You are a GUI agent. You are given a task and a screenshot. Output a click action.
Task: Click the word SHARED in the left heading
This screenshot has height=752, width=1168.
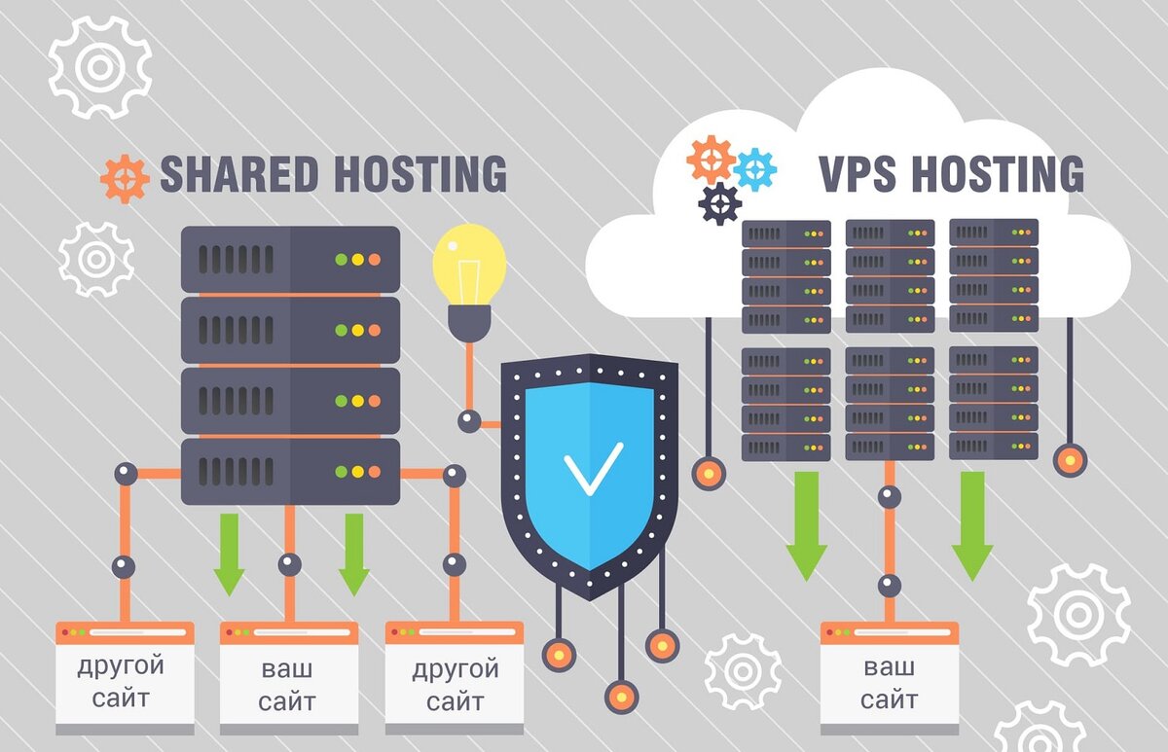coord(239,174)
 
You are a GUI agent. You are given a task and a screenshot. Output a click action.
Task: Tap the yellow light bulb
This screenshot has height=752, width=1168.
coord(469,263)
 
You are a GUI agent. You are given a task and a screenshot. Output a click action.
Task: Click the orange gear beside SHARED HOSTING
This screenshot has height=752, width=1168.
coord(125,178)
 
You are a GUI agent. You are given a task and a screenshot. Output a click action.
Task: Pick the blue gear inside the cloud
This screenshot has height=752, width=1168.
coord(755,169)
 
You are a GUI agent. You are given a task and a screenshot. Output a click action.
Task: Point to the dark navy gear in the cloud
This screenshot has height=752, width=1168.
coord(720,203)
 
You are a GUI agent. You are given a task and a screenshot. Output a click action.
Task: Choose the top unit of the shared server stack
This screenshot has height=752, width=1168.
coord(290,259)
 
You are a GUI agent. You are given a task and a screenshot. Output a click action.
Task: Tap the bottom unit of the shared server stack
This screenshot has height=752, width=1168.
coord(290,471)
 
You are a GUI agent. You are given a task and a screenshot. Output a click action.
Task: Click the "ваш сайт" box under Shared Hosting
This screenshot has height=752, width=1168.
coord(288,678)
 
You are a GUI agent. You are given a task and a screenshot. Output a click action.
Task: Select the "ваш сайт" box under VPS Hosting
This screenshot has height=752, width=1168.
coord(889,678)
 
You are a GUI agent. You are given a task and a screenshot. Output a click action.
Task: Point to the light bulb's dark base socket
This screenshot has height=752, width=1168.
coord(469,321)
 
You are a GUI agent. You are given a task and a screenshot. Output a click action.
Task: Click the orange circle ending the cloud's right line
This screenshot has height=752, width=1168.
coord(1070,458)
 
